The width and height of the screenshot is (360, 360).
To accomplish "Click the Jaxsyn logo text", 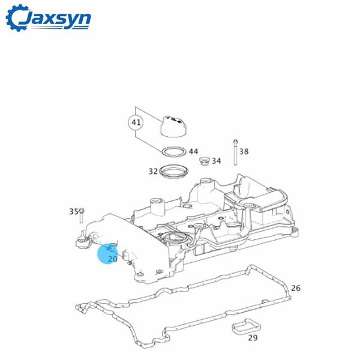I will click(59, 19).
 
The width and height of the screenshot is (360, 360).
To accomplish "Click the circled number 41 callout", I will click(136, 123).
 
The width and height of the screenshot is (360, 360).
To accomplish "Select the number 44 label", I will click(193, 152).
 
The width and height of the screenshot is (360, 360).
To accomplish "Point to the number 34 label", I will click(216, 161).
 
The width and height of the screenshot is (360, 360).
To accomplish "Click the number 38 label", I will click(244, 152).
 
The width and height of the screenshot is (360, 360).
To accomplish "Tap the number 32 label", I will click(153, 171).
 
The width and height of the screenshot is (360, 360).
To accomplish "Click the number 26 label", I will click(295, 289).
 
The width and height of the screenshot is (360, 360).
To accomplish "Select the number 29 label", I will click(253, 338).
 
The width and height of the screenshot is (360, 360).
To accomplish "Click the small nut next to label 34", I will click(203, 161).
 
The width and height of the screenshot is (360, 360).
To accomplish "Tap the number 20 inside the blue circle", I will click(112, 259).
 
